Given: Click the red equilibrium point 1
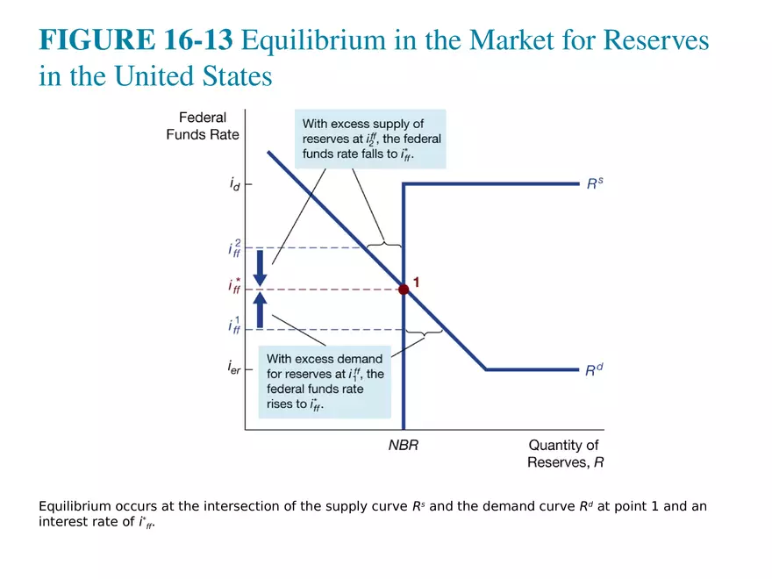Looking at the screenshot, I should click(x=404, y=289).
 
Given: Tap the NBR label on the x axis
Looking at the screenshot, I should click(x=404, y=445).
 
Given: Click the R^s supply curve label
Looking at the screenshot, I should click(x=595, y=184).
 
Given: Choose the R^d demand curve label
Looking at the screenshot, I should click(x=595, y=369).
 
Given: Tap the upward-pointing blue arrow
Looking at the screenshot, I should click(x=260, y=310).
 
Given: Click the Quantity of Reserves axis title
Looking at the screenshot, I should click(x=565, y=454).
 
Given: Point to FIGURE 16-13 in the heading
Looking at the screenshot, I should click(x=136, y=40).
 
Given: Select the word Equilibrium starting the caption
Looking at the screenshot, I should click(x=75, y=506).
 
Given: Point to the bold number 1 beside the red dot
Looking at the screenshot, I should click(x=417, y=282).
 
